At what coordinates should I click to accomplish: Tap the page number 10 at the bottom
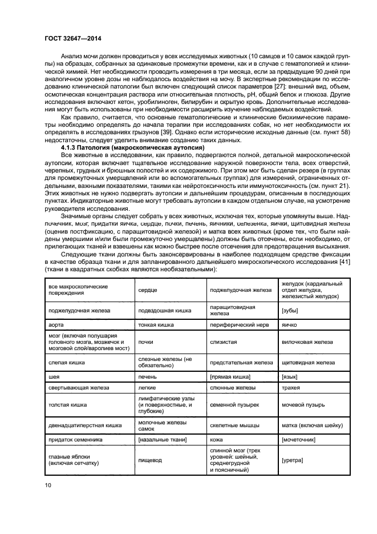click(49, 485)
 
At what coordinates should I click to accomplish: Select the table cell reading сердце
click(148, 290)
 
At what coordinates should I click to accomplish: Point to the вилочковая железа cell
click(307, 342)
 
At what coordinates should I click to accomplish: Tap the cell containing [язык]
click(290, 378)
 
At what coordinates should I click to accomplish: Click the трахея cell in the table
click(291, 388)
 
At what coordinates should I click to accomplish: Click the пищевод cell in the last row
click(150, 460)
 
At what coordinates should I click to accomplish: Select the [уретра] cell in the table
click(293, 460)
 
